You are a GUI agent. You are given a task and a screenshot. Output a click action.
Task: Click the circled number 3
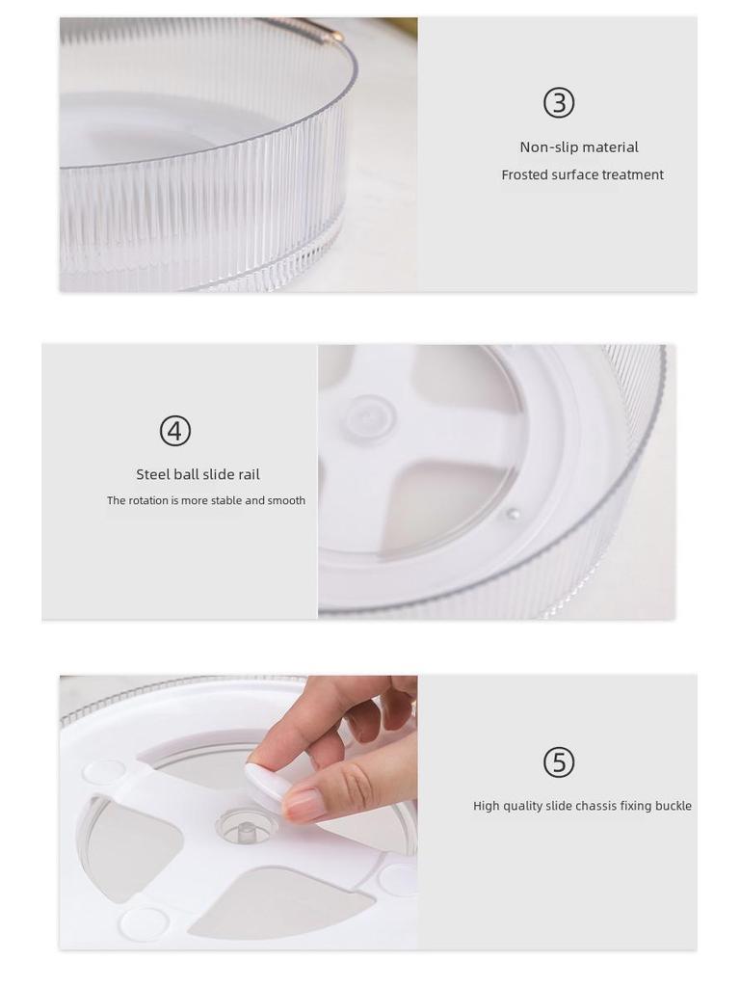(559, 102)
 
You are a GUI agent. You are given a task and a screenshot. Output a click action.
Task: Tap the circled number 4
(175, 431)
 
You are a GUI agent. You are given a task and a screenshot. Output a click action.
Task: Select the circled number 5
(559, 762)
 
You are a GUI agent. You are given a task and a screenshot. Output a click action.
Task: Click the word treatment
(632, 174)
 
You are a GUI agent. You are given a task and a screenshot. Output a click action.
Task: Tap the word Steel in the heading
(152, 474)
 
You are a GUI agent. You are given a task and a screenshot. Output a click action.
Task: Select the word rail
(247, 474)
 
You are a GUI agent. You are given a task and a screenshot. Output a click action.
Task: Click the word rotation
(148, 500)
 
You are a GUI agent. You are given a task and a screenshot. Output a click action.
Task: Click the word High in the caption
(486, 806)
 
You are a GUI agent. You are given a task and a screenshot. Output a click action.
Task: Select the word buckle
(673, 806)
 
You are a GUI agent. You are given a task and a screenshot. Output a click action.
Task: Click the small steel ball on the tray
(513, 515)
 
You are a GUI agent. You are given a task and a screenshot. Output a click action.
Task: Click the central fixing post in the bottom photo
(246, 828)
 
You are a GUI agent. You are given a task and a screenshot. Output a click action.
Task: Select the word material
(611, 147)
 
